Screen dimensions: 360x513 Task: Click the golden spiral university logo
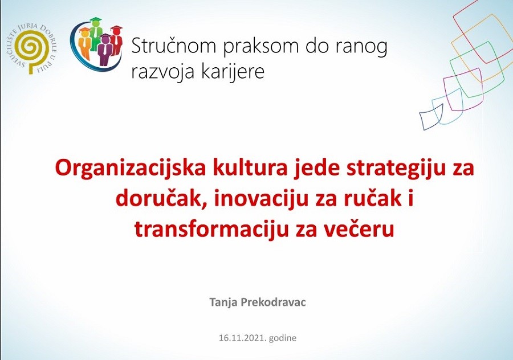[x=36, y=46]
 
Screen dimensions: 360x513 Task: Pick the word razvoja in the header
[x=162, y=72]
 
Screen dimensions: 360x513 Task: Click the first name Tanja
[x=222, y=302]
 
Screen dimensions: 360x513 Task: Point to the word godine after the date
[x=283, y=338]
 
